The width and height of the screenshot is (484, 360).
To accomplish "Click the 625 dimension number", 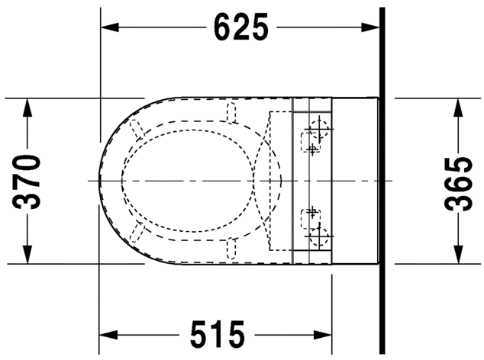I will [x=241, y=27].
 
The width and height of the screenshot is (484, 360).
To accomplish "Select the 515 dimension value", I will [x=216, y=334].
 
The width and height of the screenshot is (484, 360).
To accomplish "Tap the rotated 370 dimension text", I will [x=28, y=181].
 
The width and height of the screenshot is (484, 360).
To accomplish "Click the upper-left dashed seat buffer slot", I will [x=138, y=127].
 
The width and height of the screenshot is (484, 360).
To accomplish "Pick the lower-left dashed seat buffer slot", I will [x=138, y=233].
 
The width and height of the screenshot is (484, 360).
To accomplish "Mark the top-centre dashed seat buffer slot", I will [x=232, y=114].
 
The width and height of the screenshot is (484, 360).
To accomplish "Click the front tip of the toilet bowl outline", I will [x=100, y=181].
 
